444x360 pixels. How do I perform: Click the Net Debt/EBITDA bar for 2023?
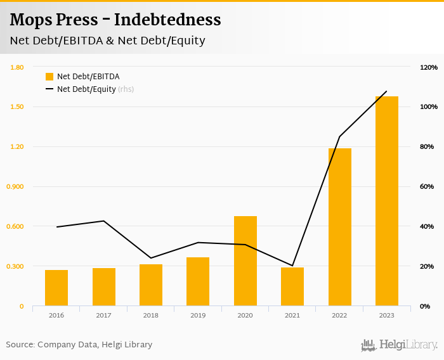(386, 202)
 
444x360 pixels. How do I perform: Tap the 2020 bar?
(245, 261)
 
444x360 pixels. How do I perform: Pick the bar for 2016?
(56, 288)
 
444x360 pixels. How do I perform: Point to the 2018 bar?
(151, 285)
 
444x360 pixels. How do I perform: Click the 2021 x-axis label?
(292, 315)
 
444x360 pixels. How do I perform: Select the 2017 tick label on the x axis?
(103, 315)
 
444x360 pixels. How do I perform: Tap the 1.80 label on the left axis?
(17, 67)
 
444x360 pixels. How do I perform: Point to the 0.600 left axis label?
(16, 226)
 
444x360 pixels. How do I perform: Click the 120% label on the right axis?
(429, 67)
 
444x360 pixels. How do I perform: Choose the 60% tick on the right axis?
(427, 186)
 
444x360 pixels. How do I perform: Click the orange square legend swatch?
(49, 77)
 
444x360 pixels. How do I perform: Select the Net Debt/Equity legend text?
(86, 89)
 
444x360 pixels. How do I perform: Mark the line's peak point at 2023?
(386, 91)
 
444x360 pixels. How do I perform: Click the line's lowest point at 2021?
(292, 266)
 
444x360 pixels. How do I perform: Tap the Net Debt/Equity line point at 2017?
(103, 221)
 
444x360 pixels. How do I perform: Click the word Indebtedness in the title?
(167, 20)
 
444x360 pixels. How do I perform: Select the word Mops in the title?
(30, 20)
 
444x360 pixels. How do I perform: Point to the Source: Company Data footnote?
(79, 344)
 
